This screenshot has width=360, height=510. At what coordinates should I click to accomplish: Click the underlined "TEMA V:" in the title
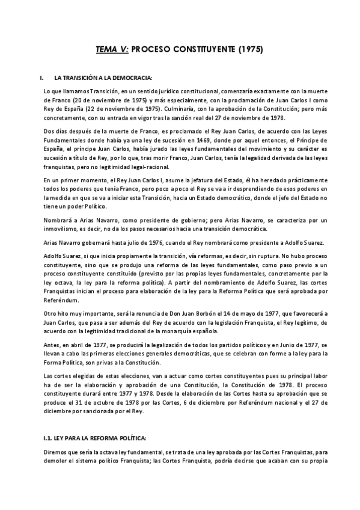113,50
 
